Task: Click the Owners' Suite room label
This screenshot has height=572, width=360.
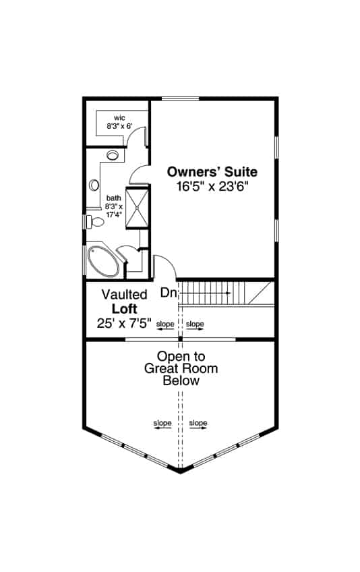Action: [212, 171]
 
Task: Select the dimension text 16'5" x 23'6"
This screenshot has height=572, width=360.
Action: [212, 188]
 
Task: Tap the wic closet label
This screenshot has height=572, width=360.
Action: [119, 118]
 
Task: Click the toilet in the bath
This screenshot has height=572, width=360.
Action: [96, 221]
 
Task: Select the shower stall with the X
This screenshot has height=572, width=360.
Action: [138, 208]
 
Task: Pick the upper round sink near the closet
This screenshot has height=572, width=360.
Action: [113, 156]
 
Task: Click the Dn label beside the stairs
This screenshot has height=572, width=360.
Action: [169, 293]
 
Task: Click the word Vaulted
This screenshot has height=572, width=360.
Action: [125, 295]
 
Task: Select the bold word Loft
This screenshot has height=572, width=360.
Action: [125, 308]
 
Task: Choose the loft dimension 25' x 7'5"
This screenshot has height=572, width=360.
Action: [125, 323]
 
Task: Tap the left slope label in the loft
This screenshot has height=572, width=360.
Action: [164, 324]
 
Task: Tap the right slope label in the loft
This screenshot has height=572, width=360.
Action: [195, 324]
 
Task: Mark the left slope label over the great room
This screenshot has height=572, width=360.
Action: [162, 423]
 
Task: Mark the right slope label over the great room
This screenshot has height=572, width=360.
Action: [198, 423]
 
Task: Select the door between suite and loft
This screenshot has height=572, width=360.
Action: [165, 267]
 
